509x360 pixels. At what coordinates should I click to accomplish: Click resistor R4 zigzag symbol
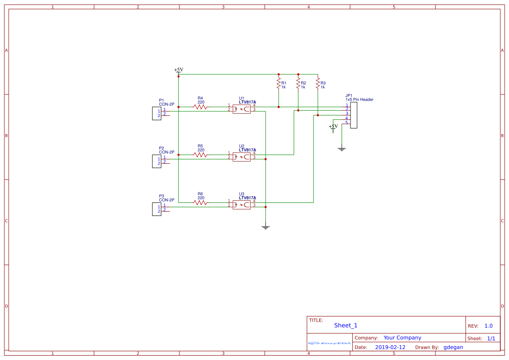pos(200,107)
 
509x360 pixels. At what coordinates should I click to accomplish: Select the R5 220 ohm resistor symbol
pos(200,155)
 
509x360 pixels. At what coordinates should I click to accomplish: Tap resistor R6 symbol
pos(200,202)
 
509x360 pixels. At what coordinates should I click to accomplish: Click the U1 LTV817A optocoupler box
pos(241,109)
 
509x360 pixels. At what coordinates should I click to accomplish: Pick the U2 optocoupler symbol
pos(241,157)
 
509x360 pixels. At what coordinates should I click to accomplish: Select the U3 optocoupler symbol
pos(241,205)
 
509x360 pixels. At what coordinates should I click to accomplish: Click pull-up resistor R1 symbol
pos(278,83)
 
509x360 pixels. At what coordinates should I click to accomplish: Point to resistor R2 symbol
pos(298,83)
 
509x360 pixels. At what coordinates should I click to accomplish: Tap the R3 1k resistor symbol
pos(318,83)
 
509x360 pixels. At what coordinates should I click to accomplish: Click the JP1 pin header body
pos(354,115)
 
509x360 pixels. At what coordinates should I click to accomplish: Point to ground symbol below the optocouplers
pos(266,227)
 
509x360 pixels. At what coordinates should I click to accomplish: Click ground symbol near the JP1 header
pos(342,149)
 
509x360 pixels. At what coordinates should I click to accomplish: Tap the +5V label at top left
pos(179,70)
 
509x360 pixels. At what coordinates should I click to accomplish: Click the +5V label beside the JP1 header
pos(333,127)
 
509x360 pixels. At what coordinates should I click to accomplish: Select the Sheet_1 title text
pos(346,326)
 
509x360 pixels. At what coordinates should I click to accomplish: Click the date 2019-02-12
pos(390,347)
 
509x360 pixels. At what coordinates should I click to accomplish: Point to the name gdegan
pos(453,347)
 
